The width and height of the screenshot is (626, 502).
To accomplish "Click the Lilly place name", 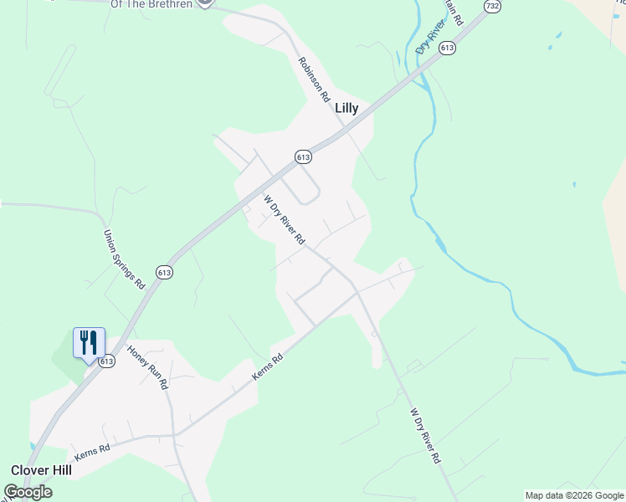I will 346,109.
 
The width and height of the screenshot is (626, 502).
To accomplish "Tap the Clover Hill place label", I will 41,470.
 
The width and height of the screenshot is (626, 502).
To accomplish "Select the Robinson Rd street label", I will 314,79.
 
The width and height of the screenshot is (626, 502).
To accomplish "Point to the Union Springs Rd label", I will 124,259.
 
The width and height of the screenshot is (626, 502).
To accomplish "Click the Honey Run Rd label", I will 147,367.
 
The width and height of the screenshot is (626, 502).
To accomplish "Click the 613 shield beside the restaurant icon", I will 106,361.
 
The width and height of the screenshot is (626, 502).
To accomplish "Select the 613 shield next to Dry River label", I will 449,49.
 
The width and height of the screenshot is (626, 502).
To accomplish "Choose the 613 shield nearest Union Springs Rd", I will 164,273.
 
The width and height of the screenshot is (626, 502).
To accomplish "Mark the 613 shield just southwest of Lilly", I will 303,156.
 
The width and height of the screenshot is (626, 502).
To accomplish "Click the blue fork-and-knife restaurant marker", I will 89,342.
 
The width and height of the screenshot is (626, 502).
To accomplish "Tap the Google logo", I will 28,492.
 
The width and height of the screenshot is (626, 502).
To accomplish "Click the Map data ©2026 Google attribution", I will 574,495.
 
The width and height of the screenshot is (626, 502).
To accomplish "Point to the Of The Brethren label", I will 151,4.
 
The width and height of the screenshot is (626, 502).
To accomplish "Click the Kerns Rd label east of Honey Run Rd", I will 269,368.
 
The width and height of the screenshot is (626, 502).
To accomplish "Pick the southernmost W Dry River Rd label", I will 425,436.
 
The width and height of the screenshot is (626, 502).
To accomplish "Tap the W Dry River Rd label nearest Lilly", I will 284,220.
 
